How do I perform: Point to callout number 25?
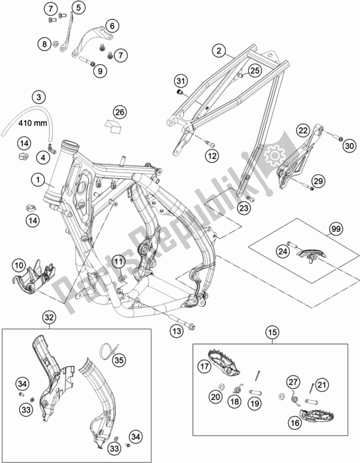[x=255, y=69]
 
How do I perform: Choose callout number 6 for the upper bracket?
[x=110, y=26]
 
